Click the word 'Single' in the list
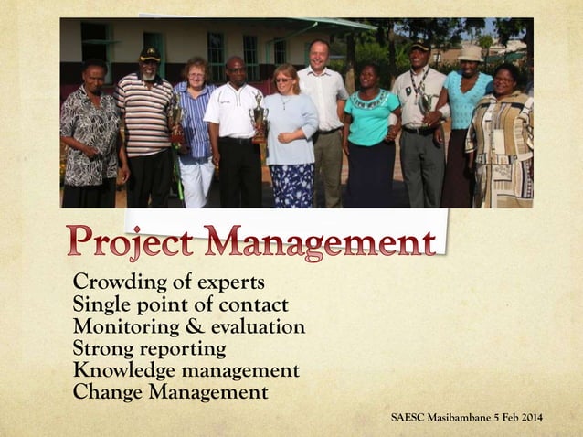(101, 305)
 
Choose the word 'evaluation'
(259, 327)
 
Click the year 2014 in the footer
(531, 419)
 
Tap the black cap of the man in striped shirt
(150, 55)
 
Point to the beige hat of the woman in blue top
(471, 54)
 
